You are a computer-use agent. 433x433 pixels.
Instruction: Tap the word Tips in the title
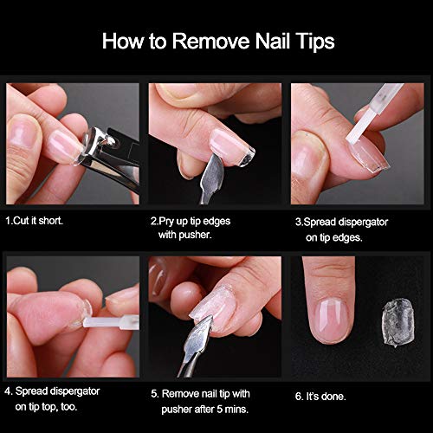[311, 41]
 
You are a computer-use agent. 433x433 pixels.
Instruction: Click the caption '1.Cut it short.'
[35, 221]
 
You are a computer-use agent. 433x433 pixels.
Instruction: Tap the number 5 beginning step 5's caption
[154, 393]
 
